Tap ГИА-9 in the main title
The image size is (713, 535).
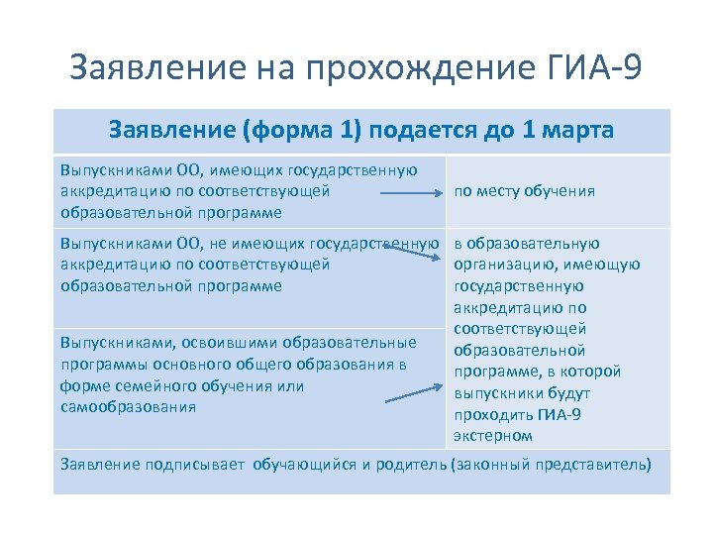click(593, 68)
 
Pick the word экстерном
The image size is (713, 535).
click(493, 436)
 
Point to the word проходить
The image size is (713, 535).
click(493, 414)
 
